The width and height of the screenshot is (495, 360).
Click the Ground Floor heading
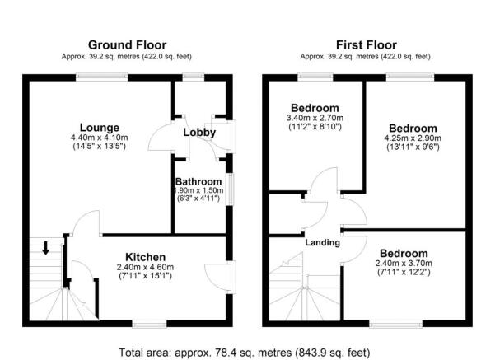(x=127, y=44)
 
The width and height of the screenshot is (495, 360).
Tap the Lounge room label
(x=90, y=128)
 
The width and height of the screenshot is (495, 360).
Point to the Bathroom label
(x=198, y=182)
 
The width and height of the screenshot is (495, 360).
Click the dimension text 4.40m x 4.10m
(x=90, y=138)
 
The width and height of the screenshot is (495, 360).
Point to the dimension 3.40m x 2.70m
(x=315, y=119)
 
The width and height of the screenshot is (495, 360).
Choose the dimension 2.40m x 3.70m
(x=404, y=263)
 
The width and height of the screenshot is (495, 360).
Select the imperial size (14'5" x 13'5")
(x=90, y=147)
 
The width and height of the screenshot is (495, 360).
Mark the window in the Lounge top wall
(x=96, y=77)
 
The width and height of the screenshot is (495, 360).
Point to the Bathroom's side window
(x=229, y=185)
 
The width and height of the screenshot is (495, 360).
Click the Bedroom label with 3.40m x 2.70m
(x=315, y=108)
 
